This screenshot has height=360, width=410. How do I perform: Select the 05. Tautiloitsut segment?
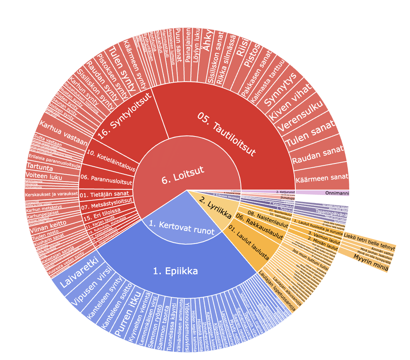pos(227,135)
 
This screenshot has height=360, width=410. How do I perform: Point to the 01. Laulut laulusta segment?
pos(254,246)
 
